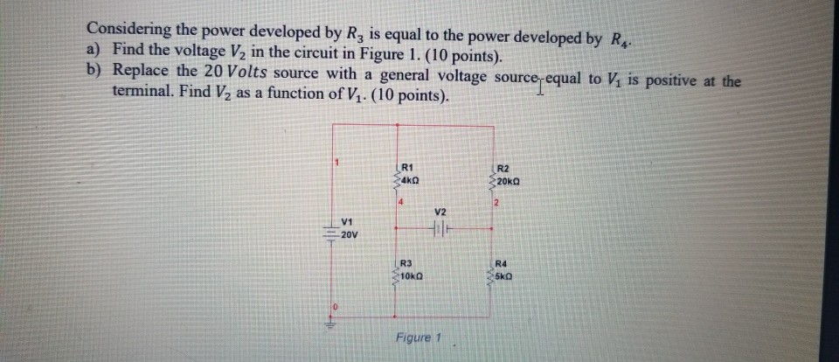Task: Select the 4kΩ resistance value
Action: click(410, 178)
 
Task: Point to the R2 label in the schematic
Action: click(503, 168)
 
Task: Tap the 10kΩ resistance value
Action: click(413, 275)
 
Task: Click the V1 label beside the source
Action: click(348, 223)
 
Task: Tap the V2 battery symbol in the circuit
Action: click(440, 230)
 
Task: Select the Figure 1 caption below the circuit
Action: click(420, 338)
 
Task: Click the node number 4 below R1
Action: click(401, 203)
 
